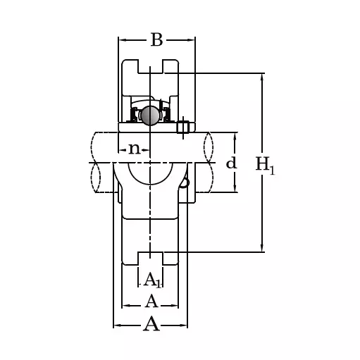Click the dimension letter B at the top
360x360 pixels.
point(156,40)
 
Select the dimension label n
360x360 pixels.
point(135,149)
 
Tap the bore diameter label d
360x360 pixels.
point(231,163)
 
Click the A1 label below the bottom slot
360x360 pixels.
point(152,281)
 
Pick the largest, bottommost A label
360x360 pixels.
point(151,324)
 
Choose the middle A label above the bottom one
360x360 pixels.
point(151,302)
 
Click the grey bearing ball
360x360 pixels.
point(149,116)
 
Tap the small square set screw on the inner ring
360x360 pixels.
point(183,128)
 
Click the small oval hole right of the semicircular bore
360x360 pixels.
point(185,181)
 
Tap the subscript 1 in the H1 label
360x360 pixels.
point(273,169)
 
